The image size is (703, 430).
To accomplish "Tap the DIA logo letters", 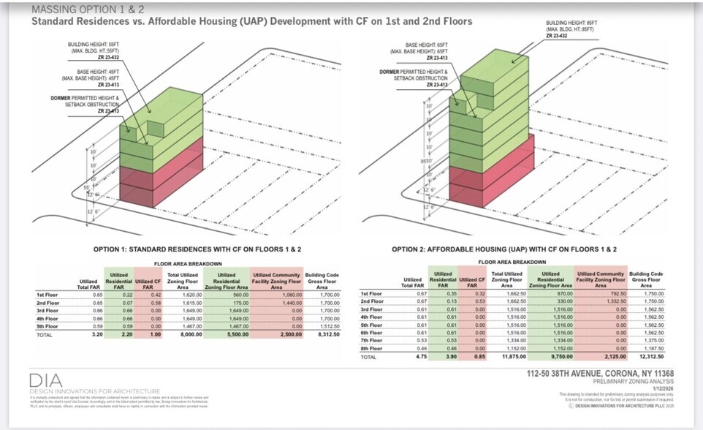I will coord(45,381).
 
